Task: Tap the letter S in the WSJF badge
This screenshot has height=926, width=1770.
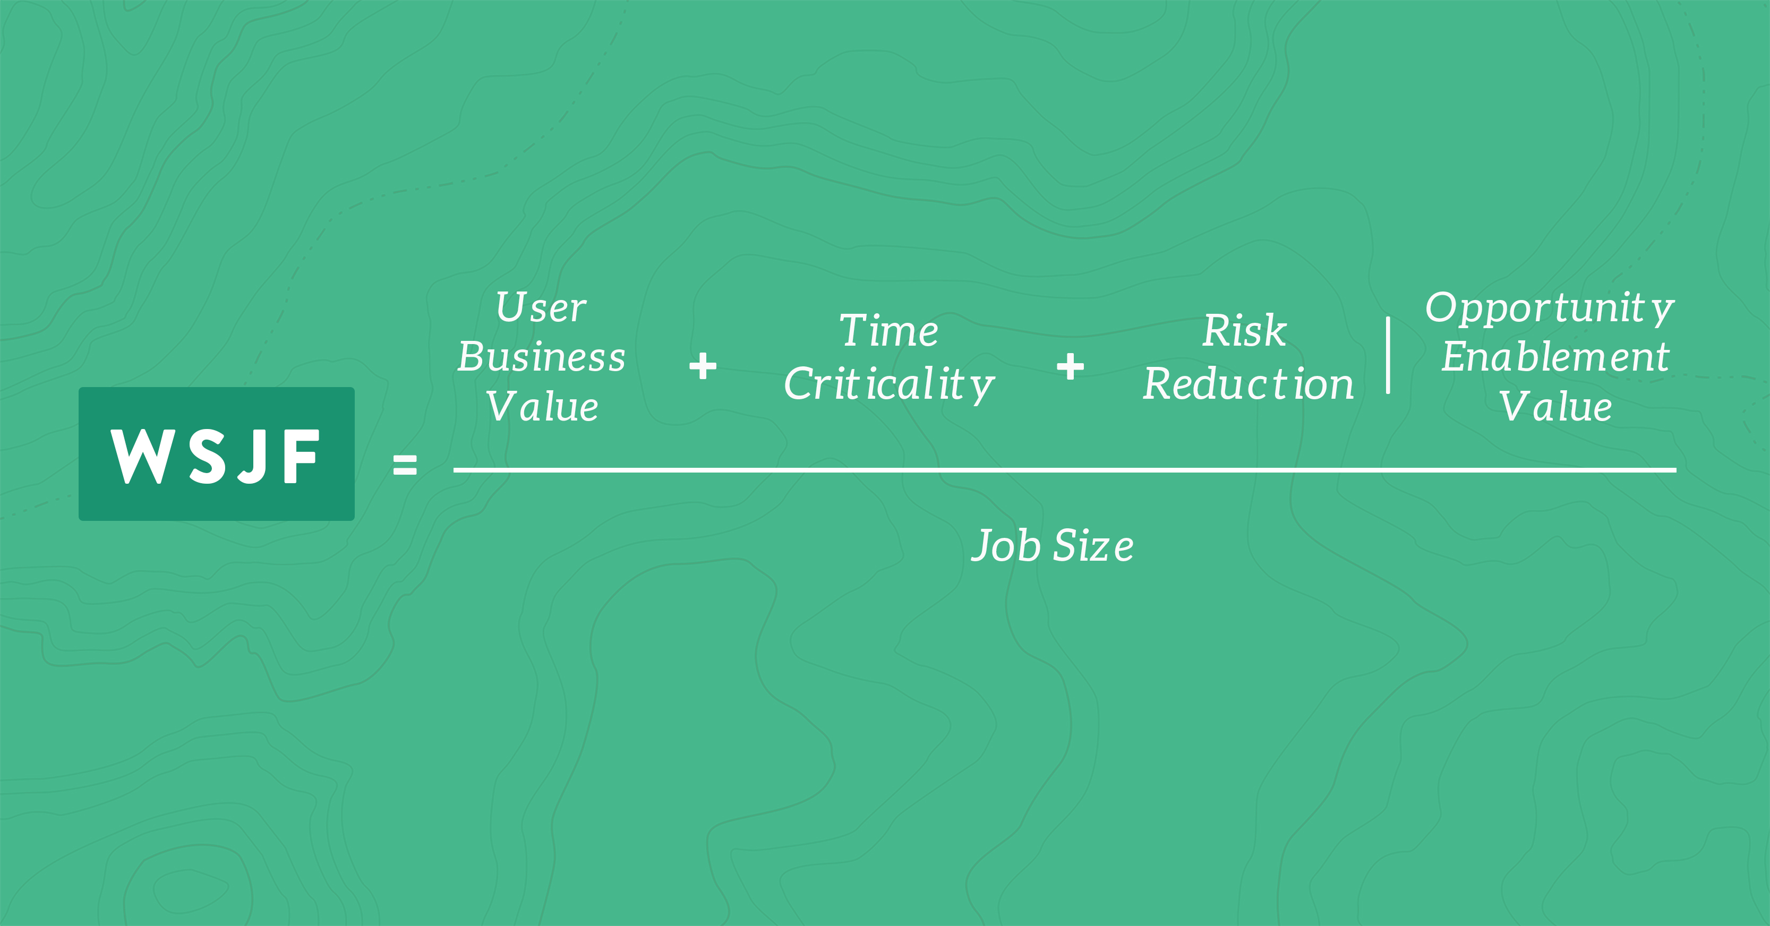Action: (x=208, y=457)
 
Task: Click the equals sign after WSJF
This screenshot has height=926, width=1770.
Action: (x=405, y=465)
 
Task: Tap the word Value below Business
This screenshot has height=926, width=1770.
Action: (x=542, y=406)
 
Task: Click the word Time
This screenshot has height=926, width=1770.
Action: (x=889, y=331)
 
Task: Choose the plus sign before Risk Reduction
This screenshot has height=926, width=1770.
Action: (x=1071, y=366)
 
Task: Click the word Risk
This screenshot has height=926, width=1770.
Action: (x=1245, y=331)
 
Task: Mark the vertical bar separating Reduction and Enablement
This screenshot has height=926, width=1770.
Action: (x=1389, y=355)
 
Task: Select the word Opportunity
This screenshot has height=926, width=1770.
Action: (x=1550, y=308)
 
